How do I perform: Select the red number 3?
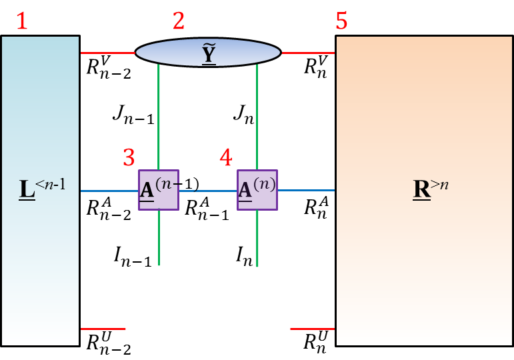tap(129, 158)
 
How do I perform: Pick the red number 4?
tap(227, 158)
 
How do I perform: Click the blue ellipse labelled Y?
tap(208, 52)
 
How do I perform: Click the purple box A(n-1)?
tap(159, 190)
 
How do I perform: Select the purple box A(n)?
tap(257, 190)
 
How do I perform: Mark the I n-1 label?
tap(133, 256)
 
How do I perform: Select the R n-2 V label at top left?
tap(108, 67)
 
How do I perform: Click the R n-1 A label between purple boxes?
tap(207, 207)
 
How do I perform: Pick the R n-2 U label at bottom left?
tap(108, 343)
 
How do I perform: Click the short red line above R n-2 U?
tap(103, 329)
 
